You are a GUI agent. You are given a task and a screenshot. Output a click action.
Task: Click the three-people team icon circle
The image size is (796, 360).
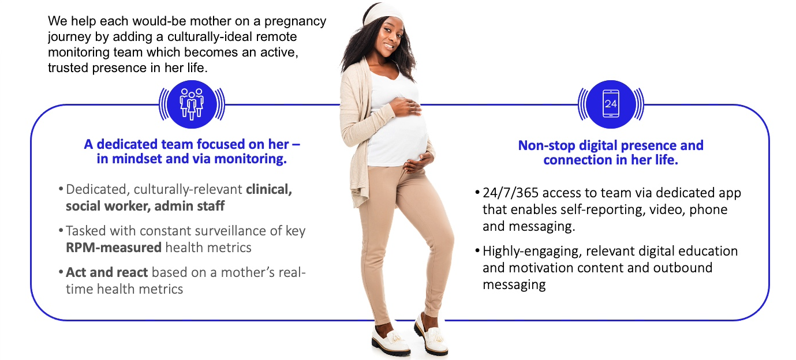192,104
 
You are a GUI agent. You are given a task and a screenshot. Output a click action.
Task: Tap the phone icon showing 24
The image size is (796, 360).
611,104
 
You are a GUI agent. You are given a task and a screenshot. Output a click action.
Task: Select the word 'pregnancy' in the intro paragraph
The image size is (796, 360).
295,21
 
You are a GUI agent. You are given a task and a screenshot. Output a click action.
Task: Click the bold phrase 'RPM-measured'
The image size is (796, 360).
114,247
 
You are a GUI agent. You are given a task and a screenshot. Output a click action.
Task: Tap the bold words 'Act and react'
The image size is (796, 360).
107,272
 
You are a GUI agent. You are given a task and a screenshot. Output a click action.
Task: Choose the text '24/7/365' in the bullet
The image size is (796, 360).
511,193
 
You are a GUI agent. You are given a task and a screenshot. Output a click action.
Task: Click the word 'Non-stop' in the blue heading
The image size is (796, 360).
547,145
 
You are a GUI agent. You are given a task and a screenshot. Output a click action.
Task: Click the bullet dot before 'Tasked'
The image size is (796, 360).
61,231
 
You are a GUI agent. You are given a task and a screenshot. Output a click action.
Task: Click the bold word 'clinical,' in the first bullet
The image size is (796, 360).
269,190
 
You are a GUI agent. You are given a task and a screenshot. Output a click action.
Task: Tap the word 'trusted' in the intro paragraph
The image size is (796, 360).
68,68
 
